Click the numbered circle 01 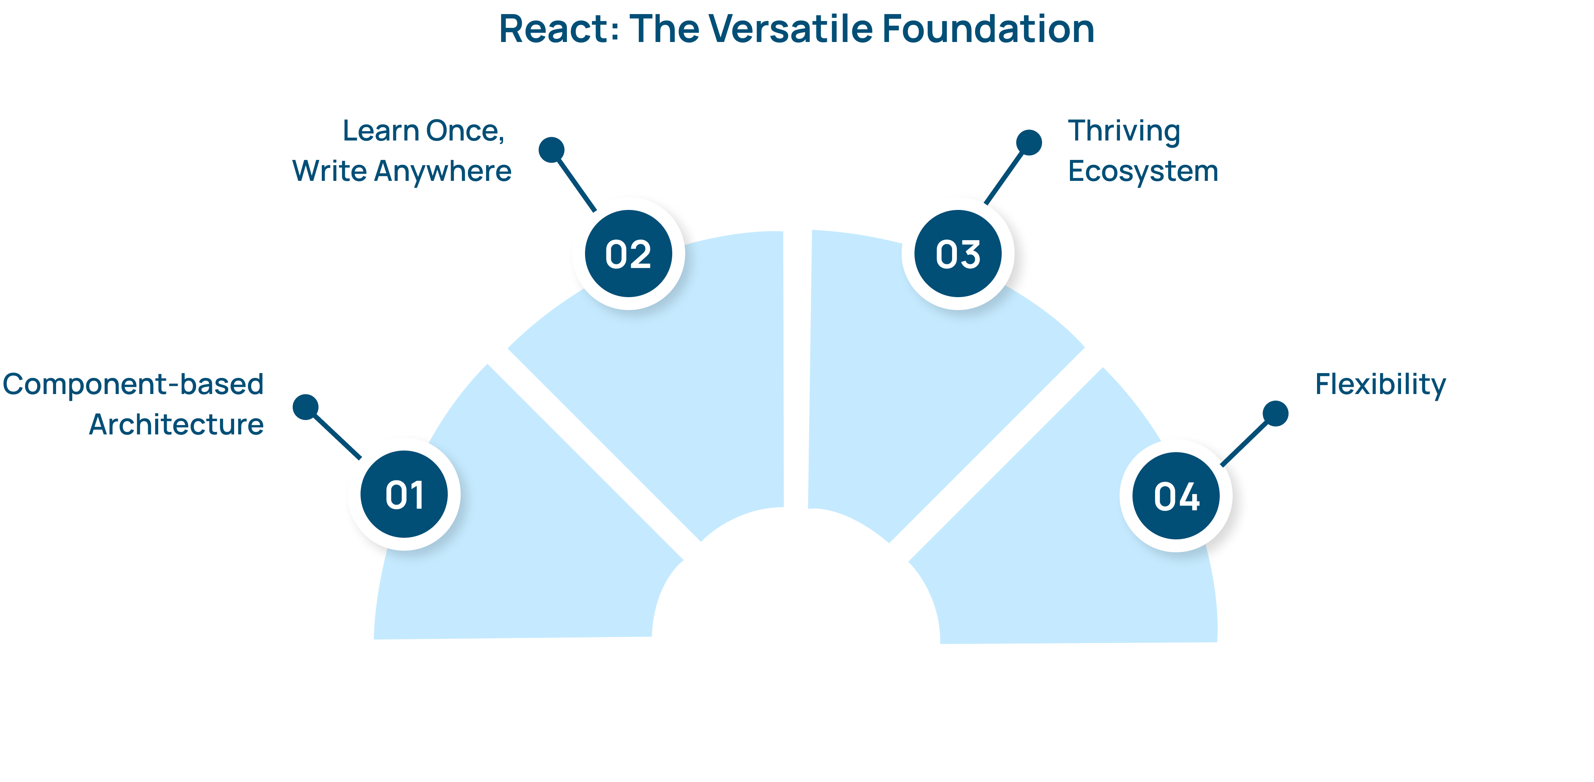pyautogui.click(x=404, y=495)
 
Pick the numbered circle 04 pyautogui.click(x=1176, y=496)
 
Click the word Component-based pyautogui.click(x=133, y=384)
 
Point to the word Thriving pyautogui.click(x=1124, y=132)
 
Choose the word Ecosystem pyautogui.click(x=1143, y=171)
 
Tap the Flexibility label pyautogui.click(x=1380, y=385)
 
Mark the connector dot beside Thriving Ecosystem pyautogui.click(x=1029, y=142)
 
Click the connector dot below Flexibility pyautogui.click(x=1275, y=413)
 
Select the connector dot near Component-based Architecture pyautogui.click(x=306, y=407)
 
